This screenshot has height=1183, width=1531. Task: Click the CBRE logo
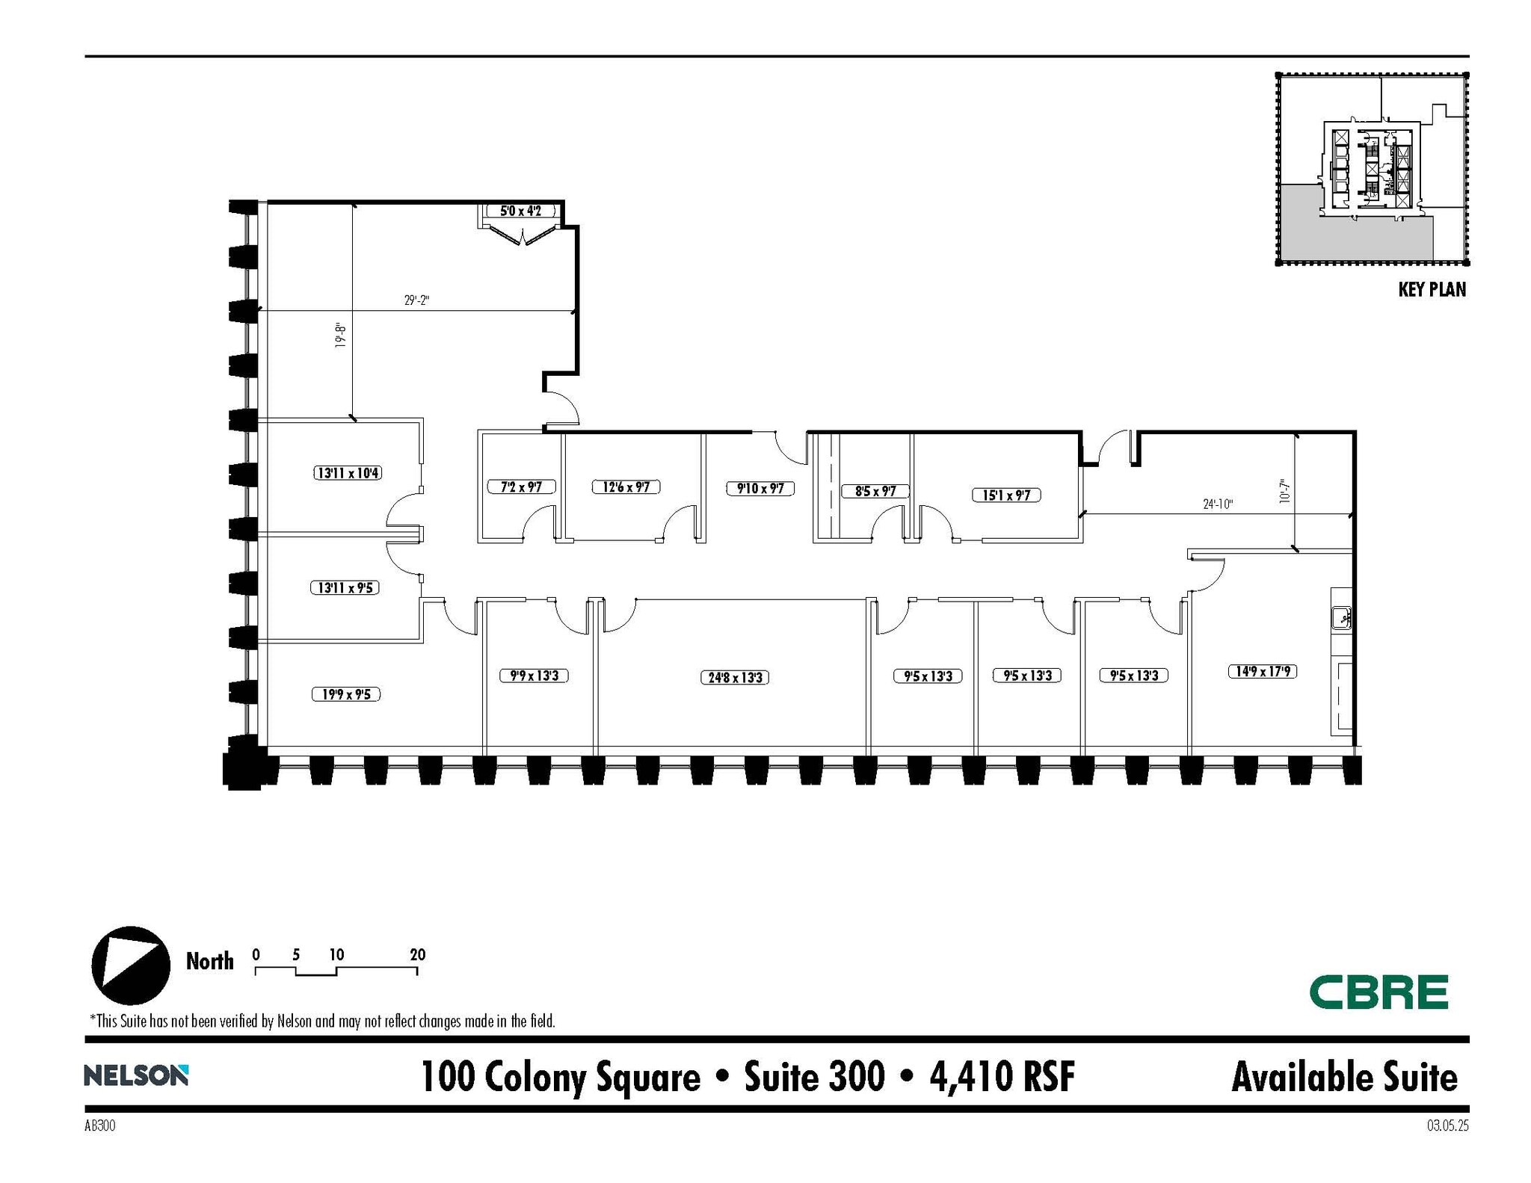[1378, 992]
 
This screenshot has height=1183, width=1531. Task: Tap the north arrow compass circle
[131, 965]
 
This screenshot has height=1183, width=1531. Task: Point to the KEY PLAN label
[1431, 290]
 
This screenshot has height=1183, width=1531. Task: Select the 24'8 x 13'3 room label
[735, 678]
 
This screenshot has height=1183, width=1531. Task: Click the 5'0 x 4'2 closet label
[520, 211]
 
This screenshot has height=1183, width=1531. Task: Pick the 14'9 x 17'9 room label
[1262, 671]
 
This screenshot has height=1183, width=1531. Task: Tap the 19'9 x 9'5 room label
[345, 694]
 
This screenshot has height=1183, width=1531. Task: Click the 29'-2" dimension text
[416, 300]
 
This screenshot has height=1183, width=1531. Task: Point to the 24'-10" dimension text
[1217, 504]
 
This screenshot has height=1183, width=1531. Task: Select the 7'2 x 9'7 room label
[520, 487]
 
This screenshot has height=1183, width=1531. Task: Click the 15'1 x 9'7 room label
[1005, 495]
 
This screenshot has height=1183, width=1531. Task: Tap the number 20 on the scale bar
[417, 954]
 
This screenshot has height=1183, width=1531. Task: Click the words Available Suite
[1343, 1077]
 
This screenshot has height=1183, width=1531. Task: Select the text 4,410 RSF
[1002, 1077]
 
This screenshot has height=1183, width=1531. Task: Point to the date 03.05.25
[1447, 1125]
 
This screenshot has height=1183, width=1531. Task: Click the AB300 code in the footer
[100, 1125]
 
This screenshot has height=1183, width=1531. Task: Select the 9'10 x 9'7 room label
[760, 489]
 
